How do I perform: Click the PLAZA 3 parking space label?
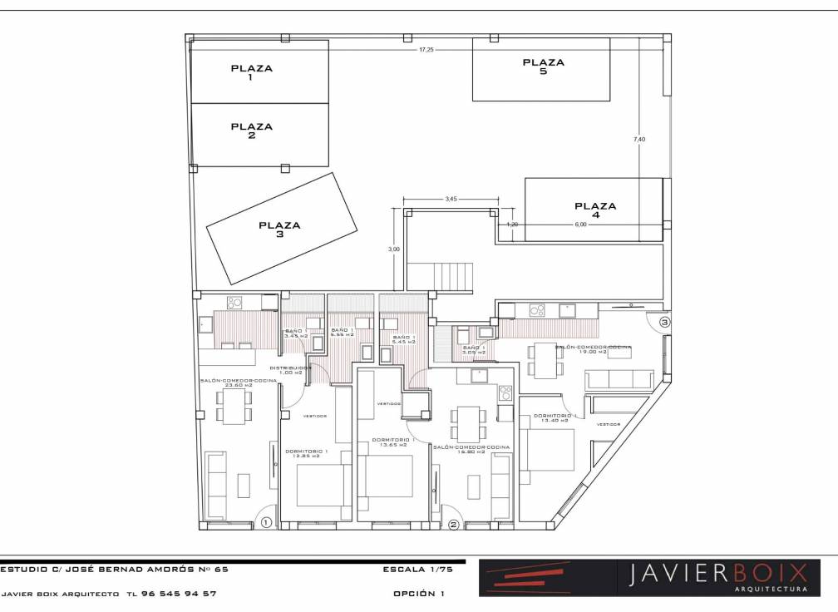(x=279, y=229)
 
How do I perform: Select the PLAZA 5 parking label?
(x=543, y=67)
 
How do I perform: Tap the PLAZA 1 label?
(x=251, y=73)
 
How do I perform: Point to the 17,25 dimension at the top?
(x=426, y=50)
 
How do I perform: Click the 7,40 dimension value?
(x=638, y=139)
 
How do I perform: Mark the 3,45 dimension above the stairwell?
(x=451, y=200)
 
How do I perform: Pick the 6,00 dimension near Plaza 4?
(x=580, y=225)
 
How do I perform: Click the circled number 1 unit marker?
(x=266, y=523)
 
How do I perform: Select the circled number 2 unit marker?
(x=453, y=525)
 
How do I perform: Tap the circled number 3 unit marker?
(x=664, y=322)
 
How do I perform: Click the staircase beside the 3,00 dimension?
(x=449, y=275)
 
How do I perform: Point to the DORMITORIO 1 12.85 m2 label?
(x=307, y=454)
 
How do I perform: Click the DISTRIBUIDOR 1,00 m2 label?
(x=290, y=369)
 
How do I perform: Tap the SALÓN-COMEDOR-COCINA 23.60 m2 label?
(x=238, y=382)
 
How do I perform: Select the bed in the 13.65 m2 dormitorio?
(x=389, y=476)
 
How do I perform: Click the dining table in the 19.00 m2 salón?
(x=545, y=359)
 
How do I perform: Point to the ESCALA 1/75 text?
(x=414, y=570)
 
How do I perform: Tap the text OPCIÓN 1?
(x=419, y=594)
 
